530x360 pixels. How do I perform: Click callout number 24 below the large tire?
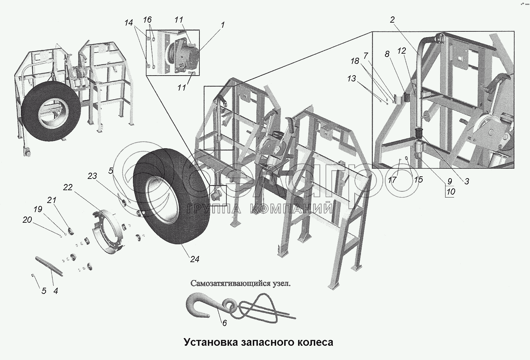[194, 259]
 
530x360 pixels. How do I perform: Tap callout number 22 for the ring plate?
[68, 187]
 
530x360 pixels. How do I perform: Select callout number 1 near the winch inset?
[222, 25]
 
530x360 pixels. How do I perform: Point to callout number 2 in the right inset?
[392, 20]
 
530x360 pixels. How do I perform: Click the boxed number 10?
[450, 191]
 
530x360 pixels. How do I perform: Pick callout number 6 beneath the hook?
[224, 323]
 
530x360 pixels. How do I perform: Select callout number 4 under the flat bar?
[56, 291]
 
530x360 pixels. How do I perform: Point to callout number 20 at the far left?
[27, 219]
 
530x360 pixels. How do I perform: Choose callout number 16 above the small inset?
[147, 20]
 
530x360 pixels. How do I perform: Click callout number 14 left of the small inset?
[128, 23]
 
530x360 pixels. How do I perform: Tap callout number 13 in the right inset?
[351, 78]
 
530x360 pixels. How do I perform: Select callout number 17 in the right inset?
[392, 180]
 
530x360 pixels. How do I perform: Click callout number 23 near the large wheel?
[92, 176]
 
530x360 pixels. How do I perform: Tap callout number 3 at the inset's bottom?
[466, 181]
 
